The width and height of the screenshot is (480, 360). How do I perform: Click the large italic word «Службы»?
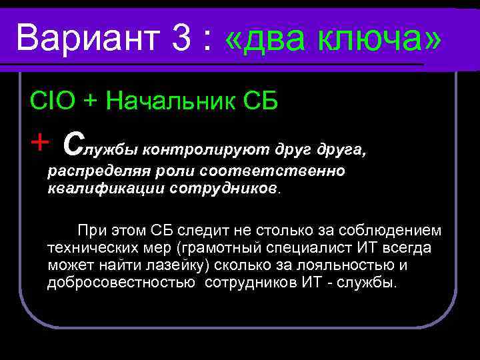click(100, 143)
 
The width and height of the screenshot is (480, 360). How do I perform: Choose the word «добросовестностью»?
click(123, 283)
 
